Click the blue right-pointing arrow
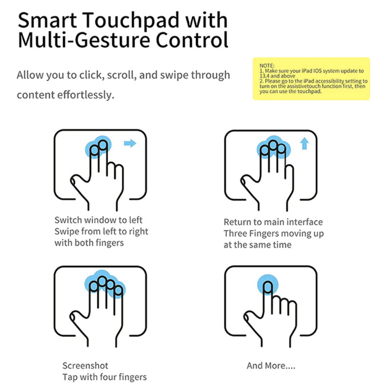coord(130,143)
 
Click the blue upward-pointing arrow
coord(305,144)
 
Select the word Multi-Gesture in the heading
coord(84,40)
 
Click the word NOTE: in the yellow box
coord(267,66)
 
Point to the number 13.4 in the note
coord(265,76)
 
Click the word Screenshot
coord(85,365)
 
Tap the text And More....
coord(271,365)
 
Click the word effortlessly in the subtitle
coord(86,95)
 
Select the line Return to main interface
coord(273,222)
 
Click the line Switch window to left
coord(98,220)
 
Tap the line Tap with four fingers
coord(104,377)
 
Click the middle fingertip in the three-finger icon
coord(273,145)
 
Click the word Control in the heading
coord(192,40)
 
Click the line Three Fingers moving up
coord(273,233)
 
